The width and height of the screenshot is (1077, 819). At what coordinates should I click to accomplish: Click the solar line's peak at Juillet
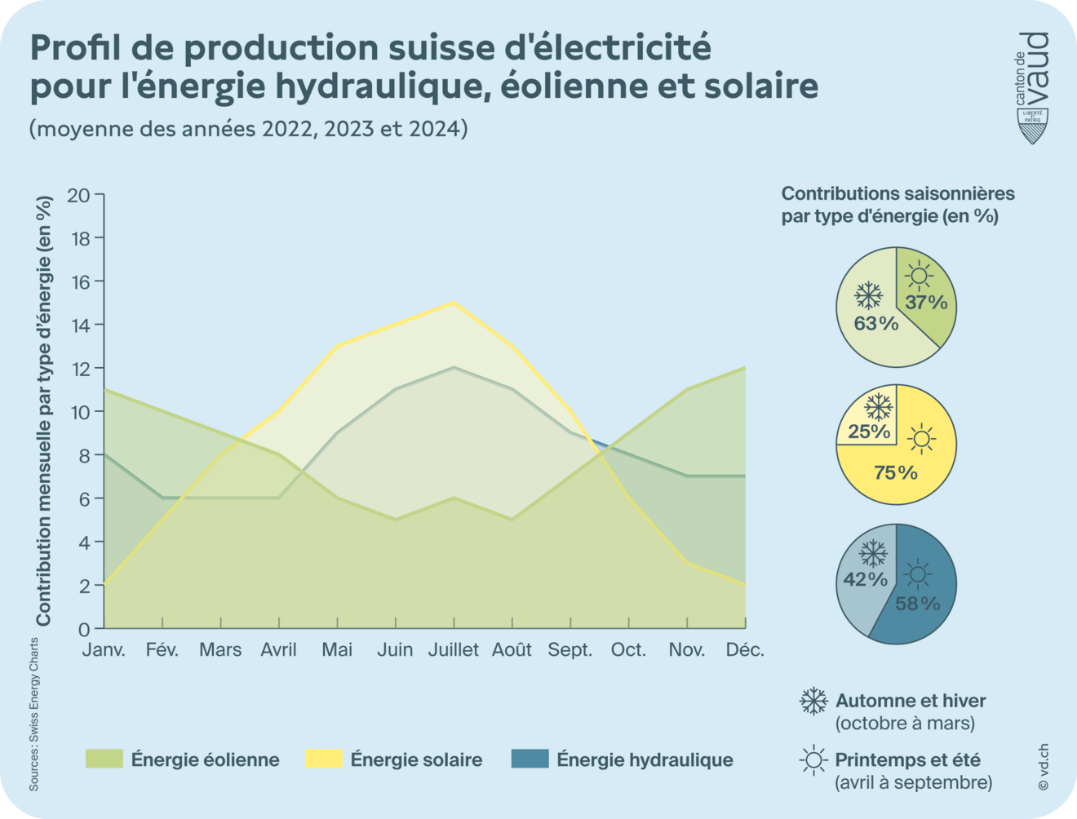point(454,303)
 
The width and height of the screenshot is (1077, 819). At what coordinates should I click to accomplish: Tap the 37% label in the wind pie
point(926,303)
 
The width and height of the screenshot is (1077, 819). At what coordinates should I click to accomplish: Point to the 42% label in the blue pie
point(865,579)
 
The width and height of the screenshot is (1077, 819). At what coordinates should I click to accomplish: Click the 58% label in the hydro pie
point(918,604)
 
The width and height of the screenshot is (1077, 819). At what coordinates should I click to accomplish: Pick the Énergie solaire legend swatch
point(323,759)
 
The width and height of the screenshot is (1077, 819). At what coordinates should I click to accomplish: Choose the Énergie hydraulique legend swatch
point(530,759)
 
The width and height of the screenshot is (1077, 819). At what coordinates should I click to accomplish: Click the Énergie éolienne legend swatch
point(104,759)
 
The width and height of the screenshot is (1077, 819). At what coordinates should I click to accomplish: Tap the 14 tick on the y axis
point(79,325)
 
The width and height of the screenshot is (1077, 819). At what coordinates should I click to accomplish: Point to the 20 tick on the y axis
point(79,195)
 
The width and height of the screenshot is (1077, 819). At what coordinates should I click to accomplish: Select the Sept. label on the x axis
point(570,650)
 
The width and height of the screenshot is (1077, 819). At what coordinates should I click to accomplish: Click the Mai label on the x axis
point(337,650)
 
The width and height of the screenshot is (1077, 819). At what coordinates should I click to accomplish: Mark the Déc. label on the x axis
point(745,650)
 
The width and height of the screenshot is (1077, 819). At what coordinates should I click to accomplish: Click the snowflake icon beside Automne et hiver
point(813,701)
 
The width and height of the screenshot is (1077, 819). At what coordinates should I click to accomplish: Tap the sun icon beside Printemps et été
point(813,760)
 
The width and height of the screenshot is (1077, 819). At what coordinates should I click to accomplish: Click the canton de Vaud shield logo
point(1033,126)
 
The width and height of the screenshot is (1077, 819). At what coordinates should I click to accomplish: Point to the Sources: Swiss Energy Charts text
point(34,714)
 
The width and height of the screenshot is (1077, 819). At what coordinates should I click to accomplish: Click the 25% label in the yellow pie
point(869,431)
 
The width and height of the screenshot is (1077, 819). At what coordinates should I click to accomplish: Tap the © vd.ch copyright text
point(1043,767)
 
